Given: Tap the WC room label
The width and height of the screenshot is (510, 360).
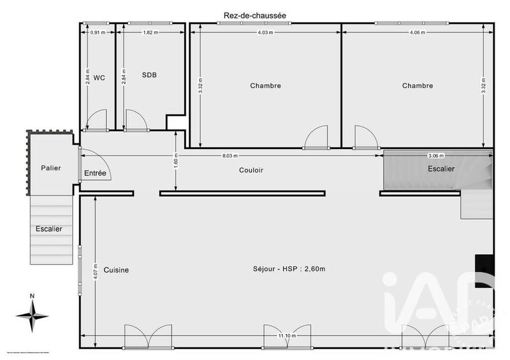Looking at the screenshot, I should click(99, 78).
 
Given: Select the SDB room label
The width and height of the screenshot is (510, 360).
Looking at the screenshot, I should click(149, 75).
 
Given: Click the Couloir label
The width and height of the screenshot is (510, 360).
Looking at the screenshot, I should click(251, 170).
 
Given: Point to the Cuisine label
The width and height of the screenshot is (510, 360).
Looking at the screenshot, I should click(116, 270).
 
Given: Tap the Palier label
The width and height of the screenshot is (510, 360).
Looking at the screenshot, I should click(51, 168).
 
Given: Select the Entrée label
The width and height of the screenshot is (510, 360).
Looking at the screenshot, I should click(95, 173).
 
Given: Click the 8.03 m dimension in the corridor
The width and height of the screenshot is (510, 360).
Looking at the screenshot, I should click(231, 155).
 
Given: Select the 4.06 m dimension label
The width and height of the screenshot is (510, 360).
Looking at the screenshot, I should click(418, 32).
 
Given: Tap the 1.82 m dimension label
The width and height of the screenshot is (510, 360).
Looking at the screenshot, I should click(150, 32).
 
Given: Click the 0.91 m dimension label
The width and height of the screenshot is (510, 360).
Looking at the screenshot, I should click(97, 32).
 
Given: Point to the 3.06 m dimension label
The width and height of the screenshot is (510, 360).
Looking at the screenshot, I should click(438, 155).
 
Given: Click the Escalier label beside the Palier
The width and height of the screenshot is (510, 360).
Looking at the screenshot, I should click(48, 229).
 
